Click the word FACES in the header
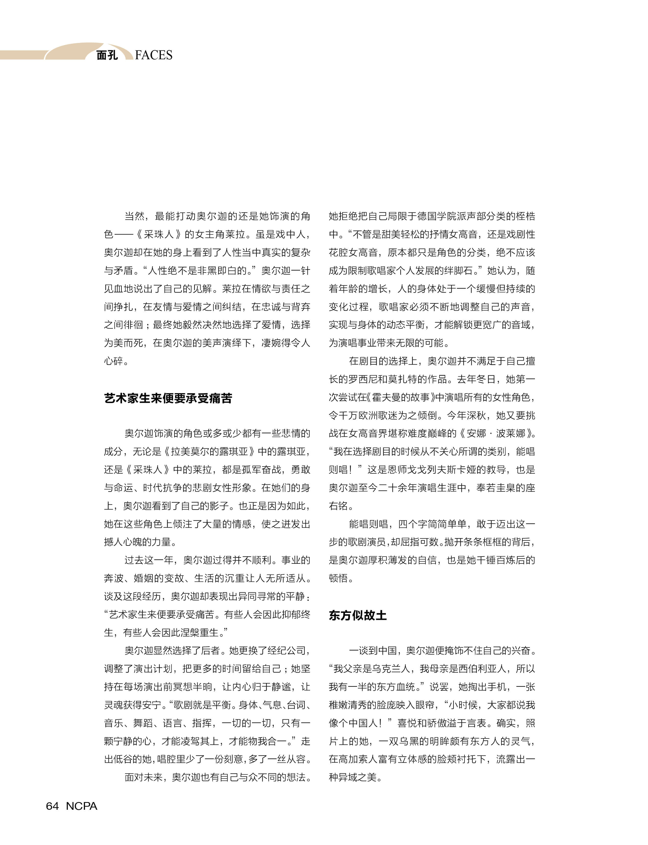[154, 55]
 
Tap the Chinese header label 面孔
[107, 55]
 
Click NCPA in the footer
[81, 806]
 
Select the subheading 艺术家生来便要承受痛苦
[168, 398]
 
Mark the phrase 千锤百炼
[496, 560]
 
